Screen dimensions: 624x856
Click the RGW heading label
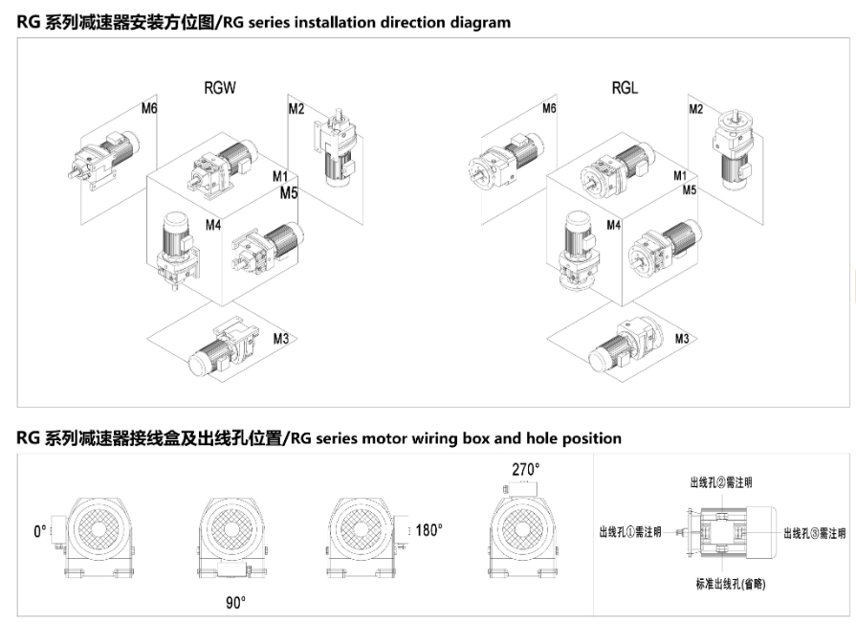point(219,88)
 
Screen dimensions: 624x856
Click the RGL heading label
point(625,88)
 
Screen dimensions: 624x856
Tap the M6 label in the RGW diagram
point(149,108)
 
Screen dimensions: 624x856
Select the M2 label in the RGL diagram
point(696,109)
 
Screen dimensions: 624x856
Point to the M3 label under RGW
point(280,338)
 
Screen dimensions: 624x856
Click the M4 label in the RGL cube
point(613,225)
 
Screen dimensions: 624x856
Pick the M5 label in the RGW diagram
point(289,192)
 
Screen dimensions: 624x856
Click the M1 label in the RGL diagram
point(680,176)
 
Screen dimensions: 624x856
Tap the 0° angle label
point(40,529)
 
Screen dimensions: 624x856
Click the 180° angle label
point(428,529)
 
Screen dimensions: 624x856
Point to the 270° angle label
point(525,469)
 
